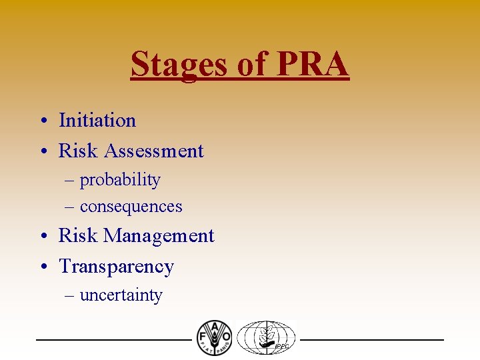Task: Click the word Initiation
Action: click(97, 121)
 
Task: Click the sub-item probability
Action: click(120, 180)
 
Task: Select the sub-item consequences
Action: click(131, 207)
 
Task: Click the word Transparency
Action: click(116, 267)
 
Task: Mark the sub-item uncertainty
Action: click(121, 295)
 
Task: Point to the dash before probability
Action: click(69, 181)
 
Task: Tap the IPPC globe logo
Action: click(266, 338)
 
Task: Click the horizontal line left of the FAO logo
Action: click(113, 340)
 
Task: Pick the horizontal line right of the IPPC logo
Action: click(371, 340)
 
